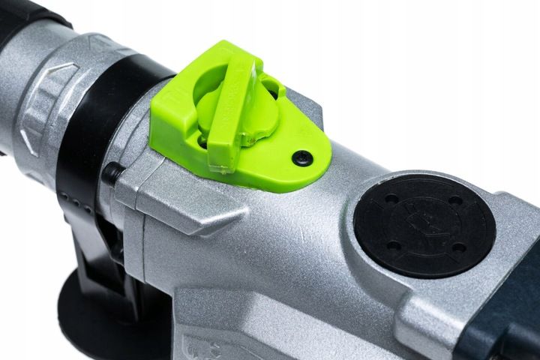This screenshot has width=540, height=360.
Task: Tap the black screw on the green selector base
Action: tap(302, 157)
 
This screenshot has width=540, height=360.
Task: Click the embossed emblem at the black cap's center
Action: tap(424, 224)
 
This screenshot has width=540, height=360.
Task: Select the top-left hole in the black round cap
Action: tap(391, 199)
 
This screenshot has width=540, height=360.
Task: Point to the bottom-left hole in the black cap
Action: tap(393, 245)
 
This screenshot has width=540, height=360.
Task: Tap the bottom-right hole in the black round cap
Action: tap(458, 247)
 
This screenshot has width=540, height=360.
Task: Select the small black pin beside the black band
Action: tap(112, 173)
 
